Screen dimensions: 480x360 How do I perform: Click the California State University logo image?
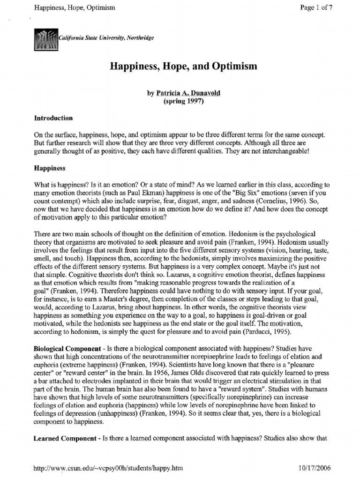45,38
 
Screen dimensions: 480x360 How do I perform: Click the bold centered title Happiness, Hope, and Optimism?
183,67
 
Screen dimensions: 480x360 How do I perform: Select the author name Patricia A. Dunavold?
184,93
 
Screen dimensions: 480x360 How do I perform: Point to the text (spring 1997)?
183,102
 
